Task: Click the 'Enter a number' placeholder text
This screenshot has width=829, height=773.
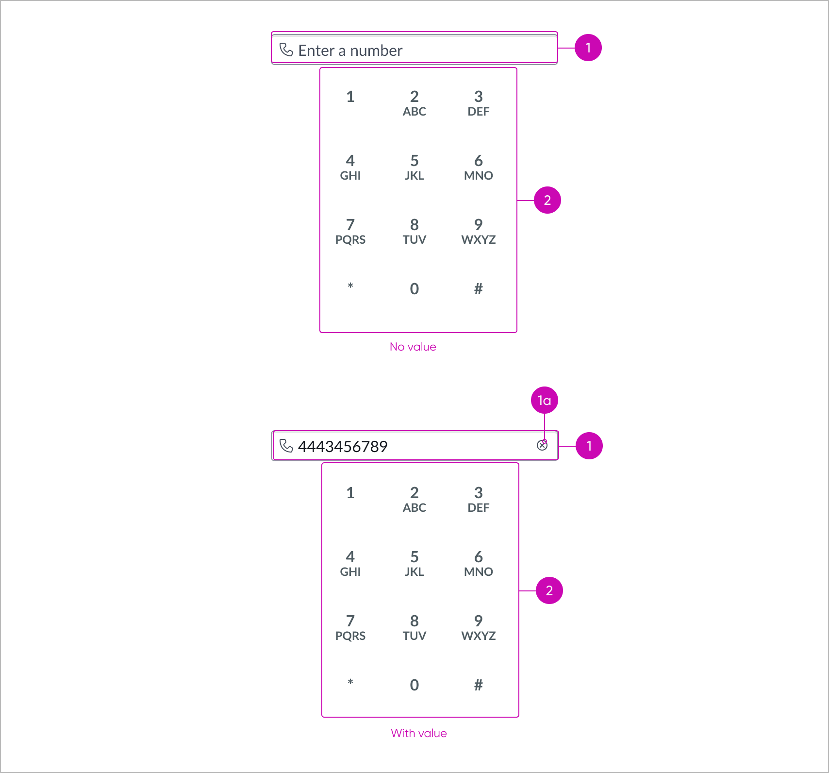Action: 350,50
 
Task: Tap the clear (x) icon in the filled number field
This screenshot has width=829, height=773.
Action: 542,445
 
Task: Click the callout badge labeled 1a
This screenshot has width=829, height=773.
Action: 544,400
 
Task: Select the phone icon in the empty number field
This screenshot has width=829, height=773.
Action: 286,50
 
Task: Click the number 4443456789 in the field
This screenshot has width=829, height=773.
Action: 343,446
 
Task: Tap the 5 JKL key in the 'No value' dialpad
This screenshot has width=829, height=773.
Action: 414,167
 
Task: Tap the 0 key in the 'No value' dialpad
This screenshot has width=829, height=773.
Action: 414,289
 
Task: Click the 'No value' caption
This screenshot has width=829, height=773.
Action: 413,347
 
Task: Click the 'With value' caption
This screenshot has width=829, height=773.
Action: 418,733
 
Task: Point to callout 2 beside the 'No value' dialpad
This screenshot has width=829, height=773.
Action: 547,200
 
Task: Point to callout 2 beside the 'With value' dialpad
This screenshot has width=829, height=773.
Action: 549,590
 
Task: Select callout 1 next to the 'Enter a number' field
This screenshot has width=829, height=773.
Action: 588,48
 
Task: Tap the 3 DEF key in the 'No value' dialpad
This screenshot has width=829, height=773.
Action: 478,103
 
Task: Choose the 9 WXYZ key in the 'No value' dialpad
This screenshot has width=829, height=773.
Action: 478,231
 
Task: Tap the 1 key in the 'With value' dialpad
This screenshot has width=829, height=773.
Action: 350,493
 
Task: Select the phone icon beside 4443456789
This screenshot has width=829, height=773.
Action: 286,446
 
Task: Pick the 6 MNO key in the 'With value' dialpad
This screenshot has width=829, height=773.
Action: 478,563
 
